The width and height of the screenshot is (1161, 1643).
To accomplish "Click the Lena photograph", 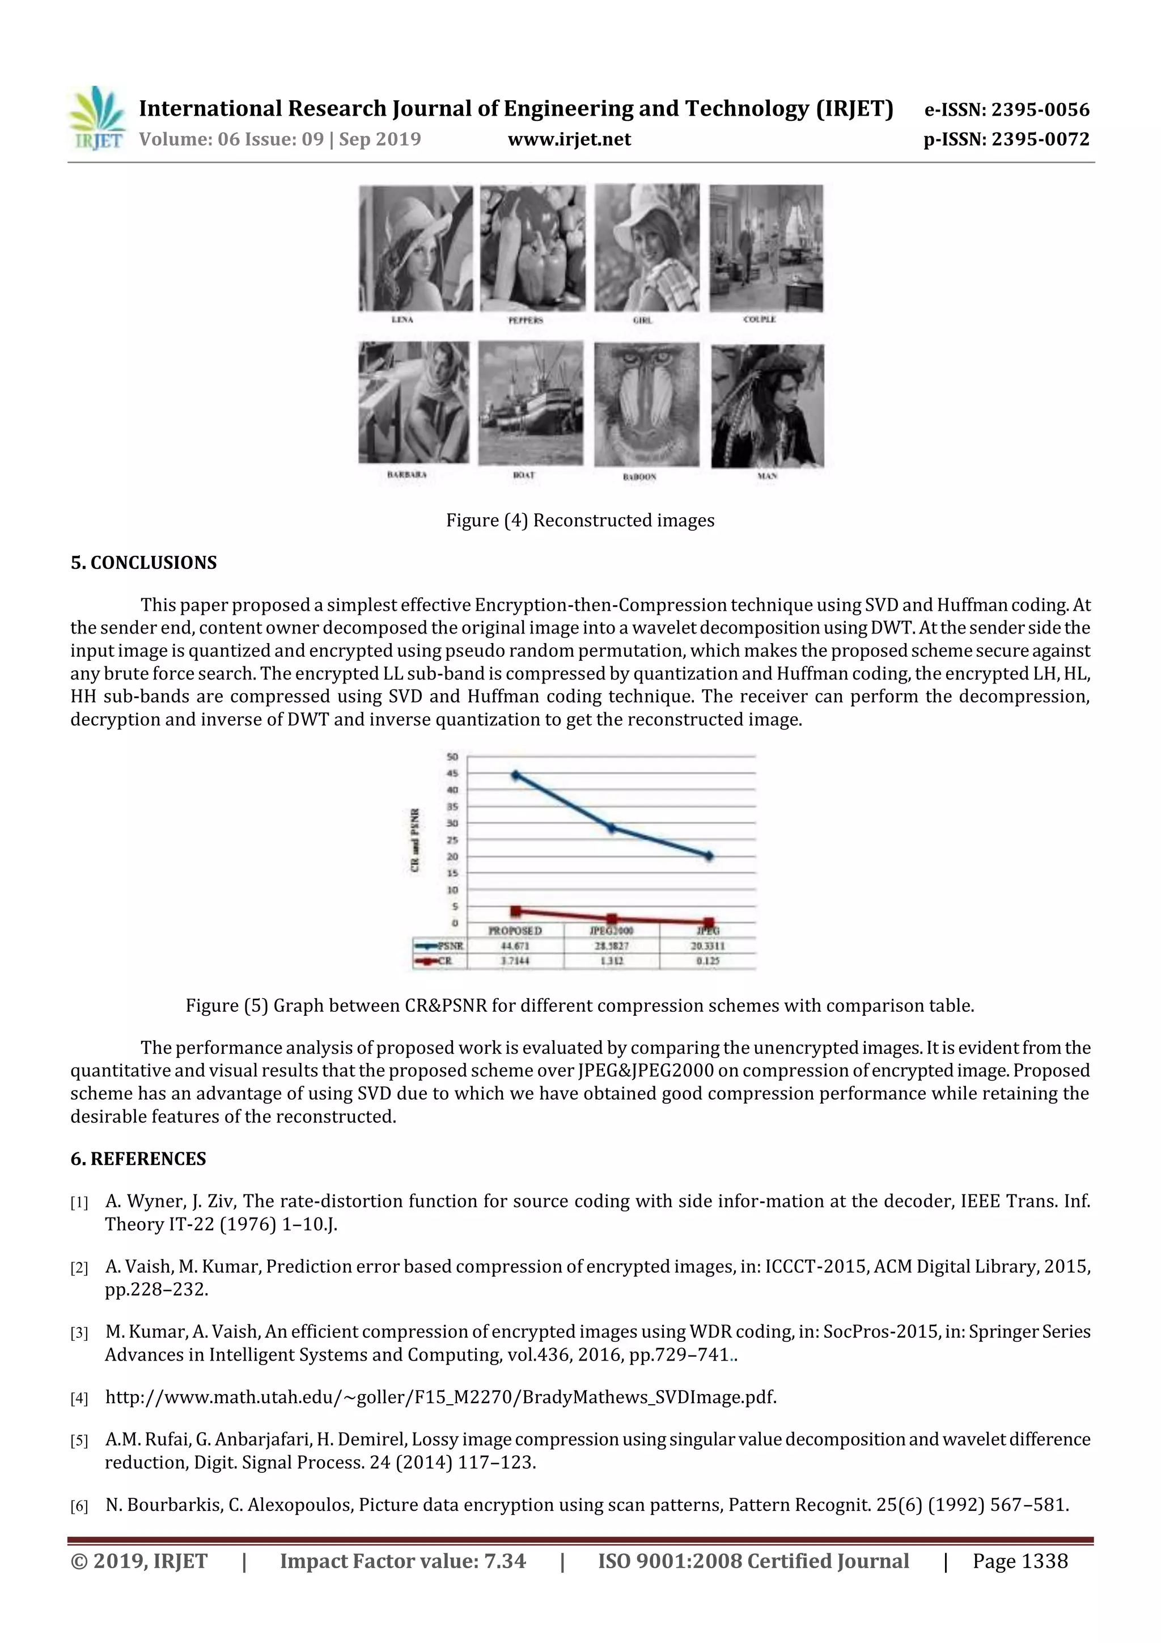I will (x=416, y=248).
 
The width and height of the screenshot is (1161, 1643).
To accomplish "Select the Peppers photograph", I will (x=532, y=248).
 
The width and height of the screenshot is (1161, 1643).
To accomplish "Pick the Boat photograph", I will (x=530, y=403).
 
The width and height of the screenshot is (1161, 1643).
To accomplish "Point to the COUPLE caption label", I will (x=759, y=319).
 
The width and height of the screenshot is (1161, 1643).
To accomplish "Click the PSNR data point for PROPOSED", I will (x=515, y=775).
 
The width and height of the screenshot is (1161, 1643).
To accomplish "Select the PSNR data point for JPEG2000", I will (x=612, y=828).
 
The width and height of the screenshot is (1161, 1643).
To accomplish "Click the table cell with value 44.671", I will (x=515, y=946).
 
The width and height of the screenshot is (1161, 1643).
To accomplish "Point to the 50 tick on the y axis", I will (x=452, y=757).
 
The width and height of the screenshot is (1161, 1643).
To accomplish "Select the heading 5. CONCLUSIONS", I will (x=143, y=563).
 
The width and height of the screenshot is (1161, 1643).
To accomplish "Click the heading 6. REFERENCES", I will (x=138, y=1159).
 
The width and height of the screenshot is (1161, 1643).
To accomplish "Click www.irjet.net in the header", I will (x=569, y=139).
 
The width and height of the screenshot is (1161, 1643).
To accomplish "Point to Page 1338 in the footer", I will (x=1019, y=1561).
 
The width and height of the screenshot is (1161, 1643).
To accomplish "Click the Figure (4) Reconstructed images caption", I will (x=580, y=520).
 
